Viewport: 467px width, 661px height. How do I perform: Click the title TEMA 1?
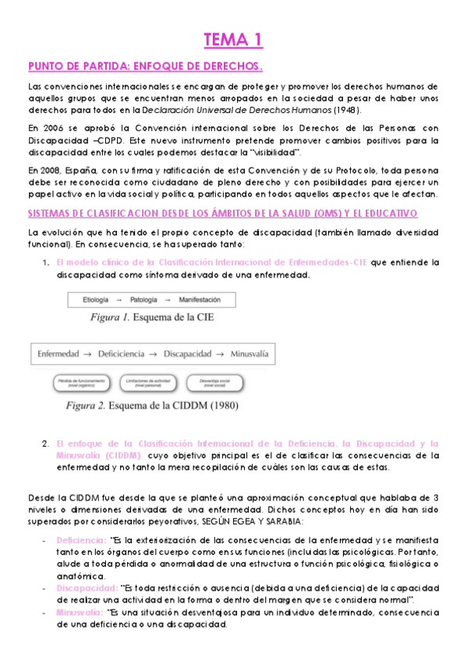(233, 39)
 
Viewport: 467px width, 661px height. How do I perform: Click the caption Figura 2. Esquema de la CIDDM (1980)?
(152, 405)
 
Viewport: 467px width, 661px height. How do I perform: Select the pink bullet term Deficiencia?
(81, 539)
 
